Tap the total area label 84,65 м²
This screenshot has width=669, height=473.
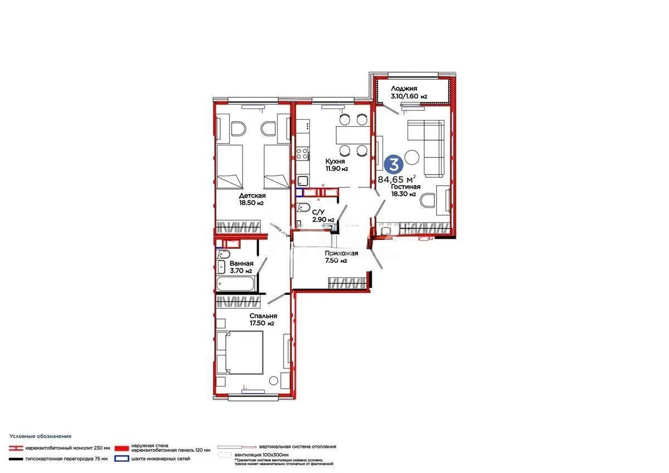(x=396, y=179)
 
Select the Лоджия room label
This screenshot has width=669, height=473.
(x=404, y=88)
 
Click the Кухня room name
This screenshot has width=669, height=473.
(x=337, y=161)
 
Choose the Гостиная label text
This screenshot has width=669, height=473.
(x=405, y=187)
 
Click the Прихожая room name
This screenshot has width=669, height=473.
(x=341, y=253)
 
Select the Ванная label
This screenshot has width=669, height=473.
(x=241, y=263)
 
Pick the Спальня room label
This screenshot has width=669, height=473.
(x=263, y=316)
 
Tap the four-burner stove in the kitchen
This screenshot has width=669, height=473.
(x=303, y=151)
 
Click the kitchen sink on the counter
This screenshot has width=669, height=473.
(x=303, y=181)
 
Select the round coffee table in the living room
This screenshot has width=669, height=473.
(x=413, y=157)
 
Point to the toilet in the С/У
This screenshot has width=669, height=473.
(x=304, y=209)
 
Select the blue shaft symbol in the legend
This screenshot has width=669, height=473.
(x=120, y=459)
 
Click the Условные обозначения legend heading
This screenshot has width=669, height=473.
(x=40, y=436)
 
